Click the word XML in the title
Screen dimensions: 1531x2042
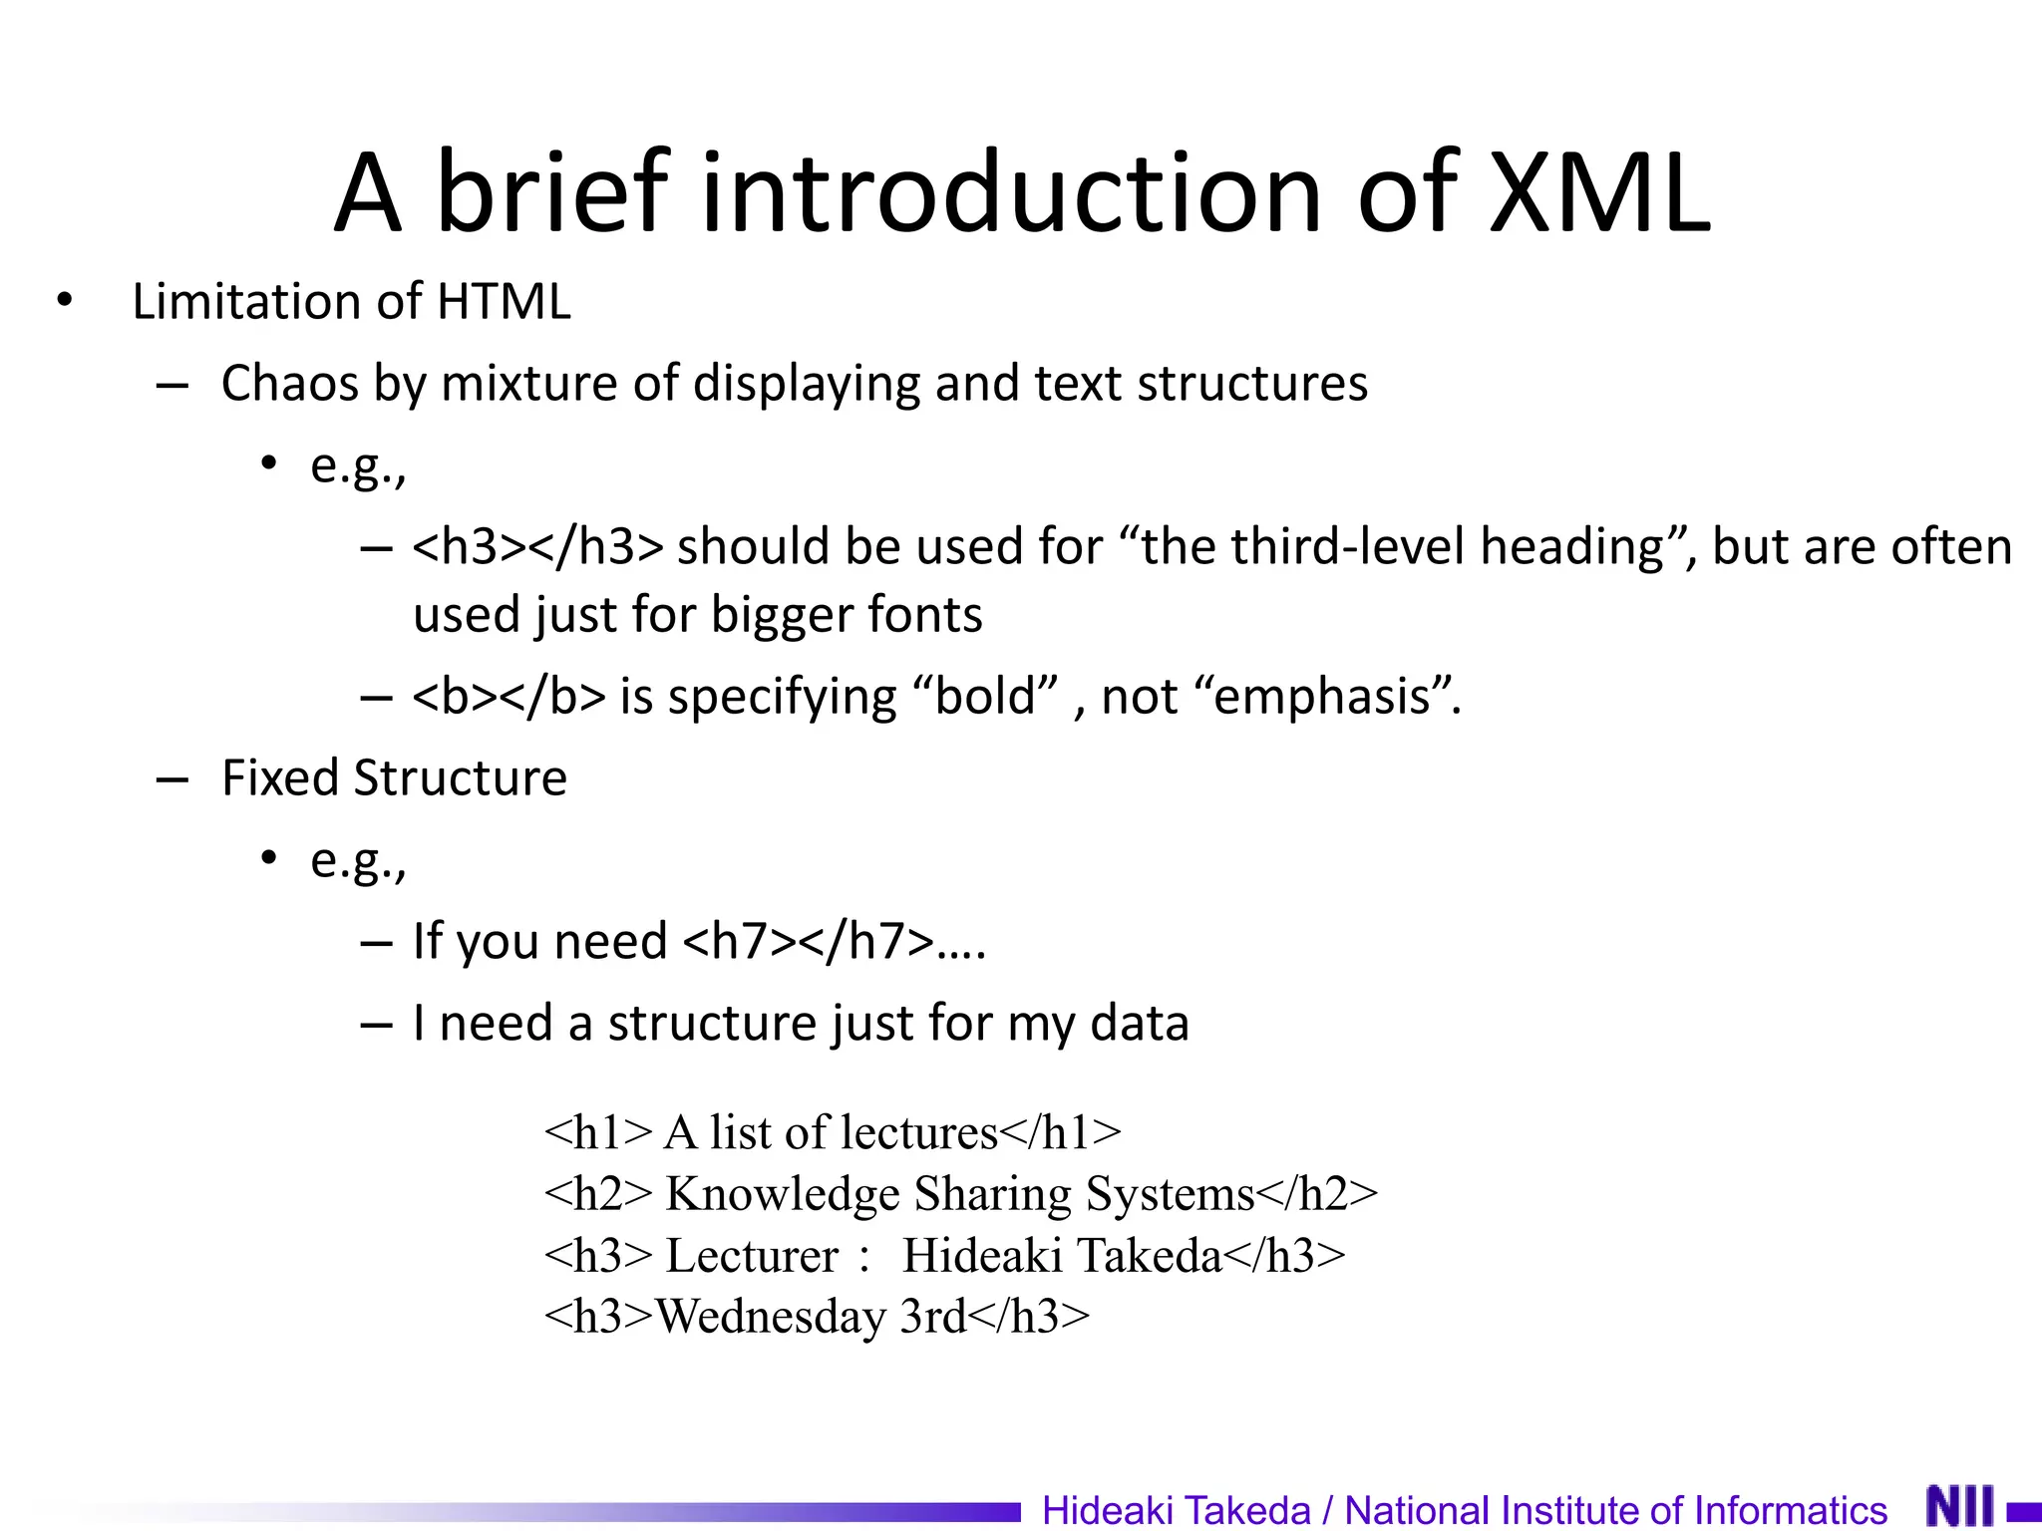point(1599,192)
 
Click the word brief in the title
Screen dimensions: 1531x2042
point(551,192)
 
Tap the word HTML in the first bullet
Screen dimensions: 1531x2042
point(504,301)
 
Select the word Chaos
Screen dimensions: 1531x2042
point(289,384)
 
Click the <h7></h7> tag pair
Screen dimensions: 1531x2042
point(809,941)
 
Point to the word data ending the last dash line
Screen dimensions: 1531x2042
point(1140,1024)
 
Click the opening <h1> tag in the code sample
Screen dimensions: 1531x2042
point(598,1133)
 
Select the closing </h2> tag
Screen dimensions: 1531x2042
point(1317,1194)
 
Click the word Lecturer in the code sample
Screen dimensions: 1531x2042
point(752,1256)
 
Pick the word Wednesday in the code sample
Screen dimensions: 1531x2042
point(771,1317)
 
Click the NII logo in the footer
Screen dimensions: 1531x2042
point(1959,1506)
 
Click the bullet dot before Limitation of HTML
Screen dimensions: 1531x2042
point(65,300)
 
